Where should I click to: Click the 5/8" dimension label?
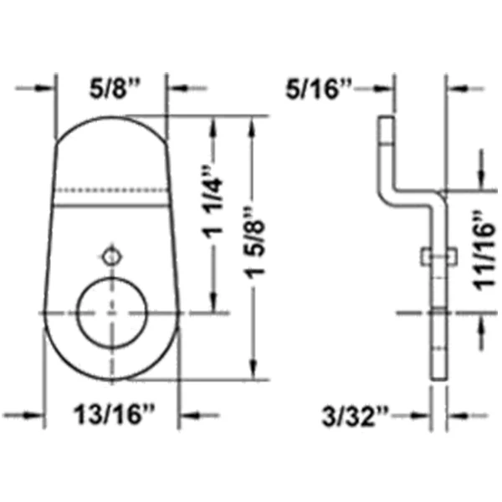click(x=115, y=89)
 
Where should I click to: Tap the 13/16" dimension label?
click(x=115, y=415)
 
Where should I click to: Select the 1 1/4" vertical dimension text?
click(x=213, y=202)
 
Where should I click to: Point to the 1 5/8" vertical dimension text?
click(x=254, y=243)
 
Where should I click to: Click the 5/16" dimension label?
click(x=319, y=89)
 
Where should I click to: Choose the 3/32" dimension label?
click(x=355, y=416)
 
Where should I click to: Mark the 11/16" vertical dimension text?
click(x=485, y=250)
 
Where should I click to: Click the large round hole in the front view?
click(x=112, y=313)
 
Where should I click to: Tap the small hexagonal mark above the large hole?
click(x=112, y=257)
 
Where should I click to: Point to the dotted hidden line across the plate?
click(x=110, y=190)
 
